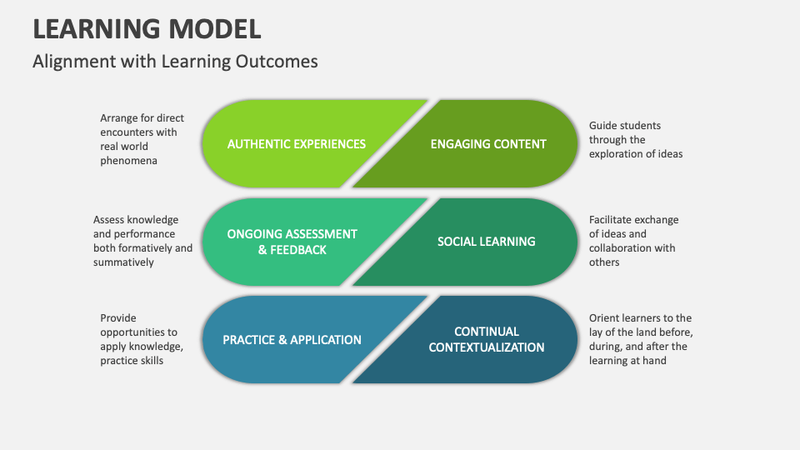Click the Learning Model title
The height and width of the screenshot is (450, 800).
coord(147,27)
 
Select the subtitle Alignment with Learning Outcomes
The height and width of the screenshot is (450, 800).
coord(175,62)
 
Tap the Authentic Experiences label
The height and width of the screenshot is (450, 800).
coord(296,143)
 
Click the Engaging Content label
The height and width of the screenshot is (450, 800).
coord(488,143)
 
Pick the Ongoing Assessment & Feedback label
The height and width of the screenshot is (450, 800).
coord(292,242)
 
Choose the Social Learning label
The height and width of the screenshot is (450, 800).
coord(486,242)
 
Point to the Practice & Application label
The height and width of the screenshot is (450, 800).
coord(292,340)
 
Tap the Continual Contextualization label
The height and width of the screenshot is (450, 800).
coord(487,339)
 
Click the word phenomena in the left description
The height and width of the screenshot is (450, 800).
coord(128,161)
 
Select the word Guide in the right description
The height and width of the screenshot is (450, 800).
coord(604,126)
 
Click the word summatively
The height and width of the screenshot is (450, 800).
coord(123,262)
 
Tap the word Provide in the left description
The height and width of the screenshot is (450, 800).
coord(118,317)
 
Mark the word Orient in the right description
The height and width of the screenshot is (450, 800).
coord(606,318)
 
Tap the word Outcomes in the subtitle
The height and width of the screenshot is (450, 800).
coord(280,62)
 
